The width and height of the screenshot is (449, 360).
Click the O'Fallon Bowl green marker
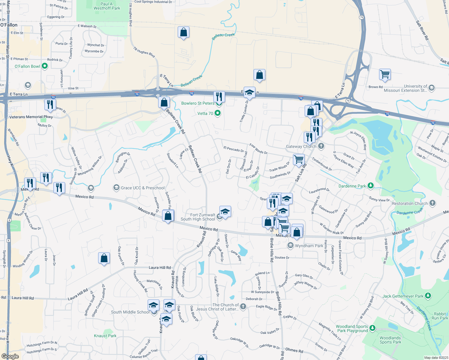pyautogui.click(x=45, y=66)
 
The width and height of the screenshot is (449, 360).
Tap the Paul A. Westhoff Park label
pyautogui.click(x=107, y=6)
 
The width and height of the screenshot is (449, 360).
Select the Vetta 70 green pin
pyautogui.click(x=218, y=113)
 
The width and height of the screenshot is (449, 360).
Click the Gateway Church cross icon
pyautogui.click(x=321, y=146)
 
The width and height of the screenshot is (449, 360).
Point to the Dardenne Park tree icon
pyautogui.click(x=370, y=186)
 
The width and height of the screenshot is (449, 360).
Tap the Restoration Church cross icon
pyautogui.click(x=432, y=203)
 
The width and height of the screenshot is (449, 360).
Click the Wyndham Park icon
pyautogui.click(x=290, y=246)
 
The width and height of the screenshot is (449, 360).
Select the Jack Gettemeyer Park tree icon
pyautogui.click(x=428, y=296)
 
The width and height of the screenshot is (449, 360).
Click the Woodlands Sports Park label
pyautogui.click(x=390, y=340)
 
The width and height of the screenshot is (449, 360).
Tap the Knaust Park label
pyautogui.click(x=105, y=336)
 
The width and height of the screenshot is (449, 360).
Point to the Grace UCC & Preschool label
pyautogui.click(x=143, y=188)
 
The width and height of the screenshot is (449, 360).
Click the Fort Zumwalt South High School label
pyautogui.click(x=198, y=217)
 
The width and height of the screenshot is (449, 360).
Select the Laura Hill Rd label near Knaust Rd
pyautogui.click(x=160, y=267)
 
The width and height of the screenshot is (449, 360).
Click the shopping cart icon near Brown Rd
pyautogui.click(x=385, y=74)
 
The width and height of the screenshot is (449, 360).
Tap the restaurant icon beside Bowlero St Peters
pyautogui.click(x=219, y=97)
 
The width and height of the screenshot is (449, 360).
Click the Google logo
pyautogui.click(x=10, y=356)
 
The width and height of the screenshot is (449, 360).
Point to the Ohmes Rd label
pyautogui.click(x=294, y=350)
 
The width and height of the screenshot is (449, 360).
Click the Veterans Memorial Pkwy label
pyautogui.click(x=31, y=117)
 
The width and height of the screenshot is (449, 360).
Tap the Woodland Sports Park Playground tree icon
pyautogui.click(x=372, y=328)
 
